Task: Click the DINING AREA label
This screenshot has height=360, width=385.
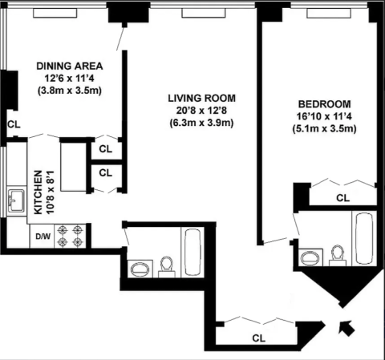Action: click(x=70, y=66)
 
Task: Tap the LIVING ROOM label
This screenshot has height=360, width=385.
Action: click(x=202, y=98)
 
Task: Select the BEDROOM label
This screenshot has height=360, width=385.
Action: click(x=324, y=104)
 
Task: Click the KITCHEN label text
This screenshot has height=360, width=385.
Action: click(x=38, y=192)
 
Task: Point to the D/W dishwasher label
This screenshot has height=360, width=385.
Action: click(x=43, y=237)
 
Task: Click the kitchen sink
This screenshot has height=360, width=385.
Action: click(x=17, y=201)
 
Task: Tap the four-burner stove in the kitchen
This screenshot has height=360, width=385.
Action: click(x=70, y=236)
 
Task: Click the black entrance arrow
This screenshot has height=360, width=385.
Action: click(x=346, y=327)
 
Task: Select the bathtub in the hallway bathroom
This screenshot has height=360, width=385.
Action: click(x=192, y=253)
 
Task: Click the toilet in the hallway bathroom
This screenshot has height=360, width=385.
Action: click(x=167, y=267)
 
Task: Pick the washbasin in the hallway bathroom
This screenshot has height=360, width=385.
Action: click(x=140, y=269)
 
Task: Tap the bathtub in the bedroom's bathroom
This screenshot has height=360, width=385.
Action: click(x=364, y=239)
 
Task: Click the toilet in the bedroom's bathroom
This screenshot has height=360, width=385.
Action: click(x=338, y=256)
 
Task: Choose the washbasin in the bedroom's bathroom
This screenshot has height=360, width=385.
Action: click(x=310, y=258)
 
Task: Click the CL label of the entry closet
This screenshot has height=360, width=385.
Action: click(x=259, y=338)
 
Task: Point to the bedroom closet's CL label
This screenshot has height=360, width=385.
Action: click(x=342, y=198)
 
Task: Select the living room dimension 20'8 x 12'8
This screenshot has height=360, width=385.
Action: click(x=201, y=111)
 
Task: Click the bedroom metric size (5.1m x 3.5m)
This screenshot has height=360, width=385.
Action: click(x=324, y=129)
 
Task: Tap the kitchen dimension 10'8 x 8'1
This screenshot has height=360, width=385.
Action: click(x=51, y=192)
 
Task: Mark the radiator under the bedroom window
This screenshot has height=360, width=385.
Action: click(x=329, y=14)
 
